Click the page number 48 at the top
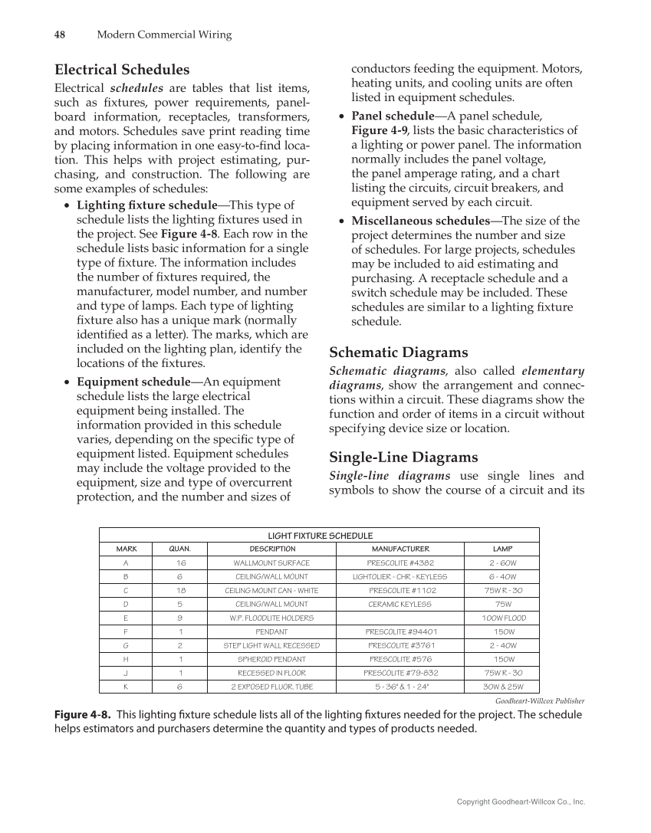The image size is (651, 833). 59,34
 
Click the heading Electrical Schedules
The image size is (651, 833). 122,70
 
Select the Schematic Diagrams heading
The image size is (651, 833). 398,353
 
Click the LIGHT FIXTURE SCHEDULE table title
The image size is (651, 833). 320,535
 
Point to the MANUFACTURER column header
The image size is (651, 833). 400,549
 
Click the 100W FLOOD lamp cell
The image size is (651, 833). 504,618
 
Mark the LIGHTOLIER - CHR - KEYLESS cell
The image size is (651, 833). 400,576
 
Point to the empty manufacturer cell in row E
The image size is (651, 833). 400,618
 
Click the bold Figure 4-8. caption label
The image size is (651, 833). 82,715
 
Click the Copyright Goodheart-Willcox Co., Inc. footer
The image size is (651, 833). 521,802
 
